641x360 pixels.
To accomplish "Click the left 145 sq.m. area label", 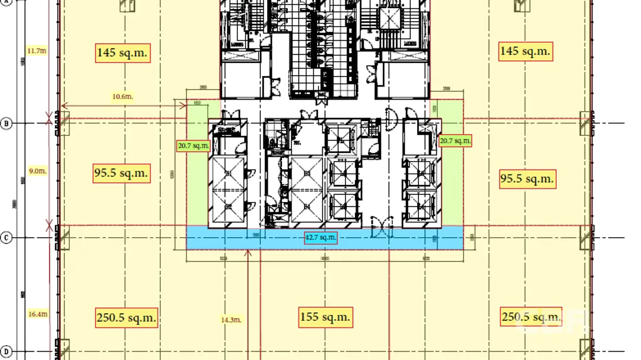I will point(122,53).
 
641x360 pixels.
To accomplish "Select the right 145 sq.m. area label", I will point(526,52).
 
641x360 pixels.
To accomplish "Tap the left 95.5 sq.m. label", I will point(121,173).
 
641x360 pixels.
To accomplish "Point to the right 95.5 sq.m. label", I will point(526,179).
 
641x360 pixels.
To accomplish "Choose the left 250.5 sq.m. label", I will point(126,317).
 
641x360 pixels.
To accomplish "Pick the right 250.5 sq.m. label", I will point(531,317).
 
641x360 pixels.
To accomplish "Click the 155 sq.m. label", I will point(325,317).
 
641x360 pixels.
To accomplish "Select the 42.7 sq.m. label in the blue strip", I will point(320,238).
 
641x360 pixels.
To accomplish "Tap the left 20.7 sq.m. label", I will point(193,145).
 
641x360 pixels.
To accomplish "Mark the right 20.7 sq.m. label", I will point(455,141).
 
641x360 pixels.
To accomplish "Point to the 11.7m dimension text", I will point(37,51).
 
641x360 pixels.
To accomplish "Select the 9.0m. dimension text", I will point(37,171).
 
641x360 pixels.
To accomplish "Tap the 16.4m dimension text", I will point(37,314).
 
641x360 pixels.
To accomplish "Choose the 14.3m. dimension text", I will point(231,320).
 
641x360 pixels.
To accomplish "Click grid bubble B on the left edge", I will point(6,123).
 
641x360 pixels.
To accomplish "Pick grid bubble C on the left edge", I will point(6,238).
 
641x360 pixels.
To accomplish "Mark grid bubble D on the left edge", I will point(6,352).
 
